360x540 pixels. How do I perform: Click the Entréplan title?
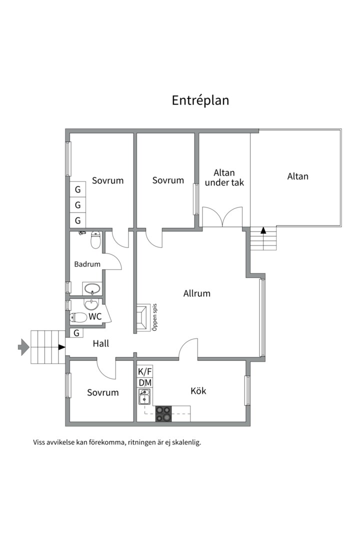click(x=200, y=100)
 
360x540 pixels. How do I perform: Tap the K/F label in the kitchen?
click(x=144, y=371)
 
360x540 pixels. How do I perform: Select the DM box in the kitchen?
click(x=144, y=382)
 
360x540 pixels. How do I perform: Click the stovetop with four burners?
click(x=163, y=413)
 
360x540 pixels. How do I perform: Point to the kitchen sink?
click(x=144, y=396)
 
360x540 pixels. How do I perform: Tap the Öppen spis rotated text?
click(x=154, y=317)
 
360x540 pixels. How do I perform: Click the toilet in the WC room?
click(x=78, y=317)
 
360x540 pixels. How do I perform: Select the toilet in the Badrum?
click(x=96, y=239)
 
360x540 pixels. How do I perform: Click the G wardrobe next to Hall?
click(x=76, y=333)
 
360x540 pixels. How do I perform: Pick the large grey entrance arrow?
click(x=23, y=347)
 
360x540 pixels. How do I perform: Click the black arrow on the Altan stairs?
click(x=263, y=230)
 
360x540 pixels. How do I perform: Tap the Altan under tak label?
click(x=224, y=177)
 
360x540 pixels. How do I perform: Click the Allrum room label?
click(x=196, y=293)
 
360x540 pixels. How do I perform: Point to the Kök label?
click(x=198, y=390)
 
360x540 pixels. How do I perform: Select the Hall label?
click(x=101, y=343)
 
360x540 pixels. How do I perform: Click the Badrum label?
click(x=87, y=264)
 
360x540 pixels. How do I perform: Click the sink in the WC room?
click(x=91, y=304)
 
